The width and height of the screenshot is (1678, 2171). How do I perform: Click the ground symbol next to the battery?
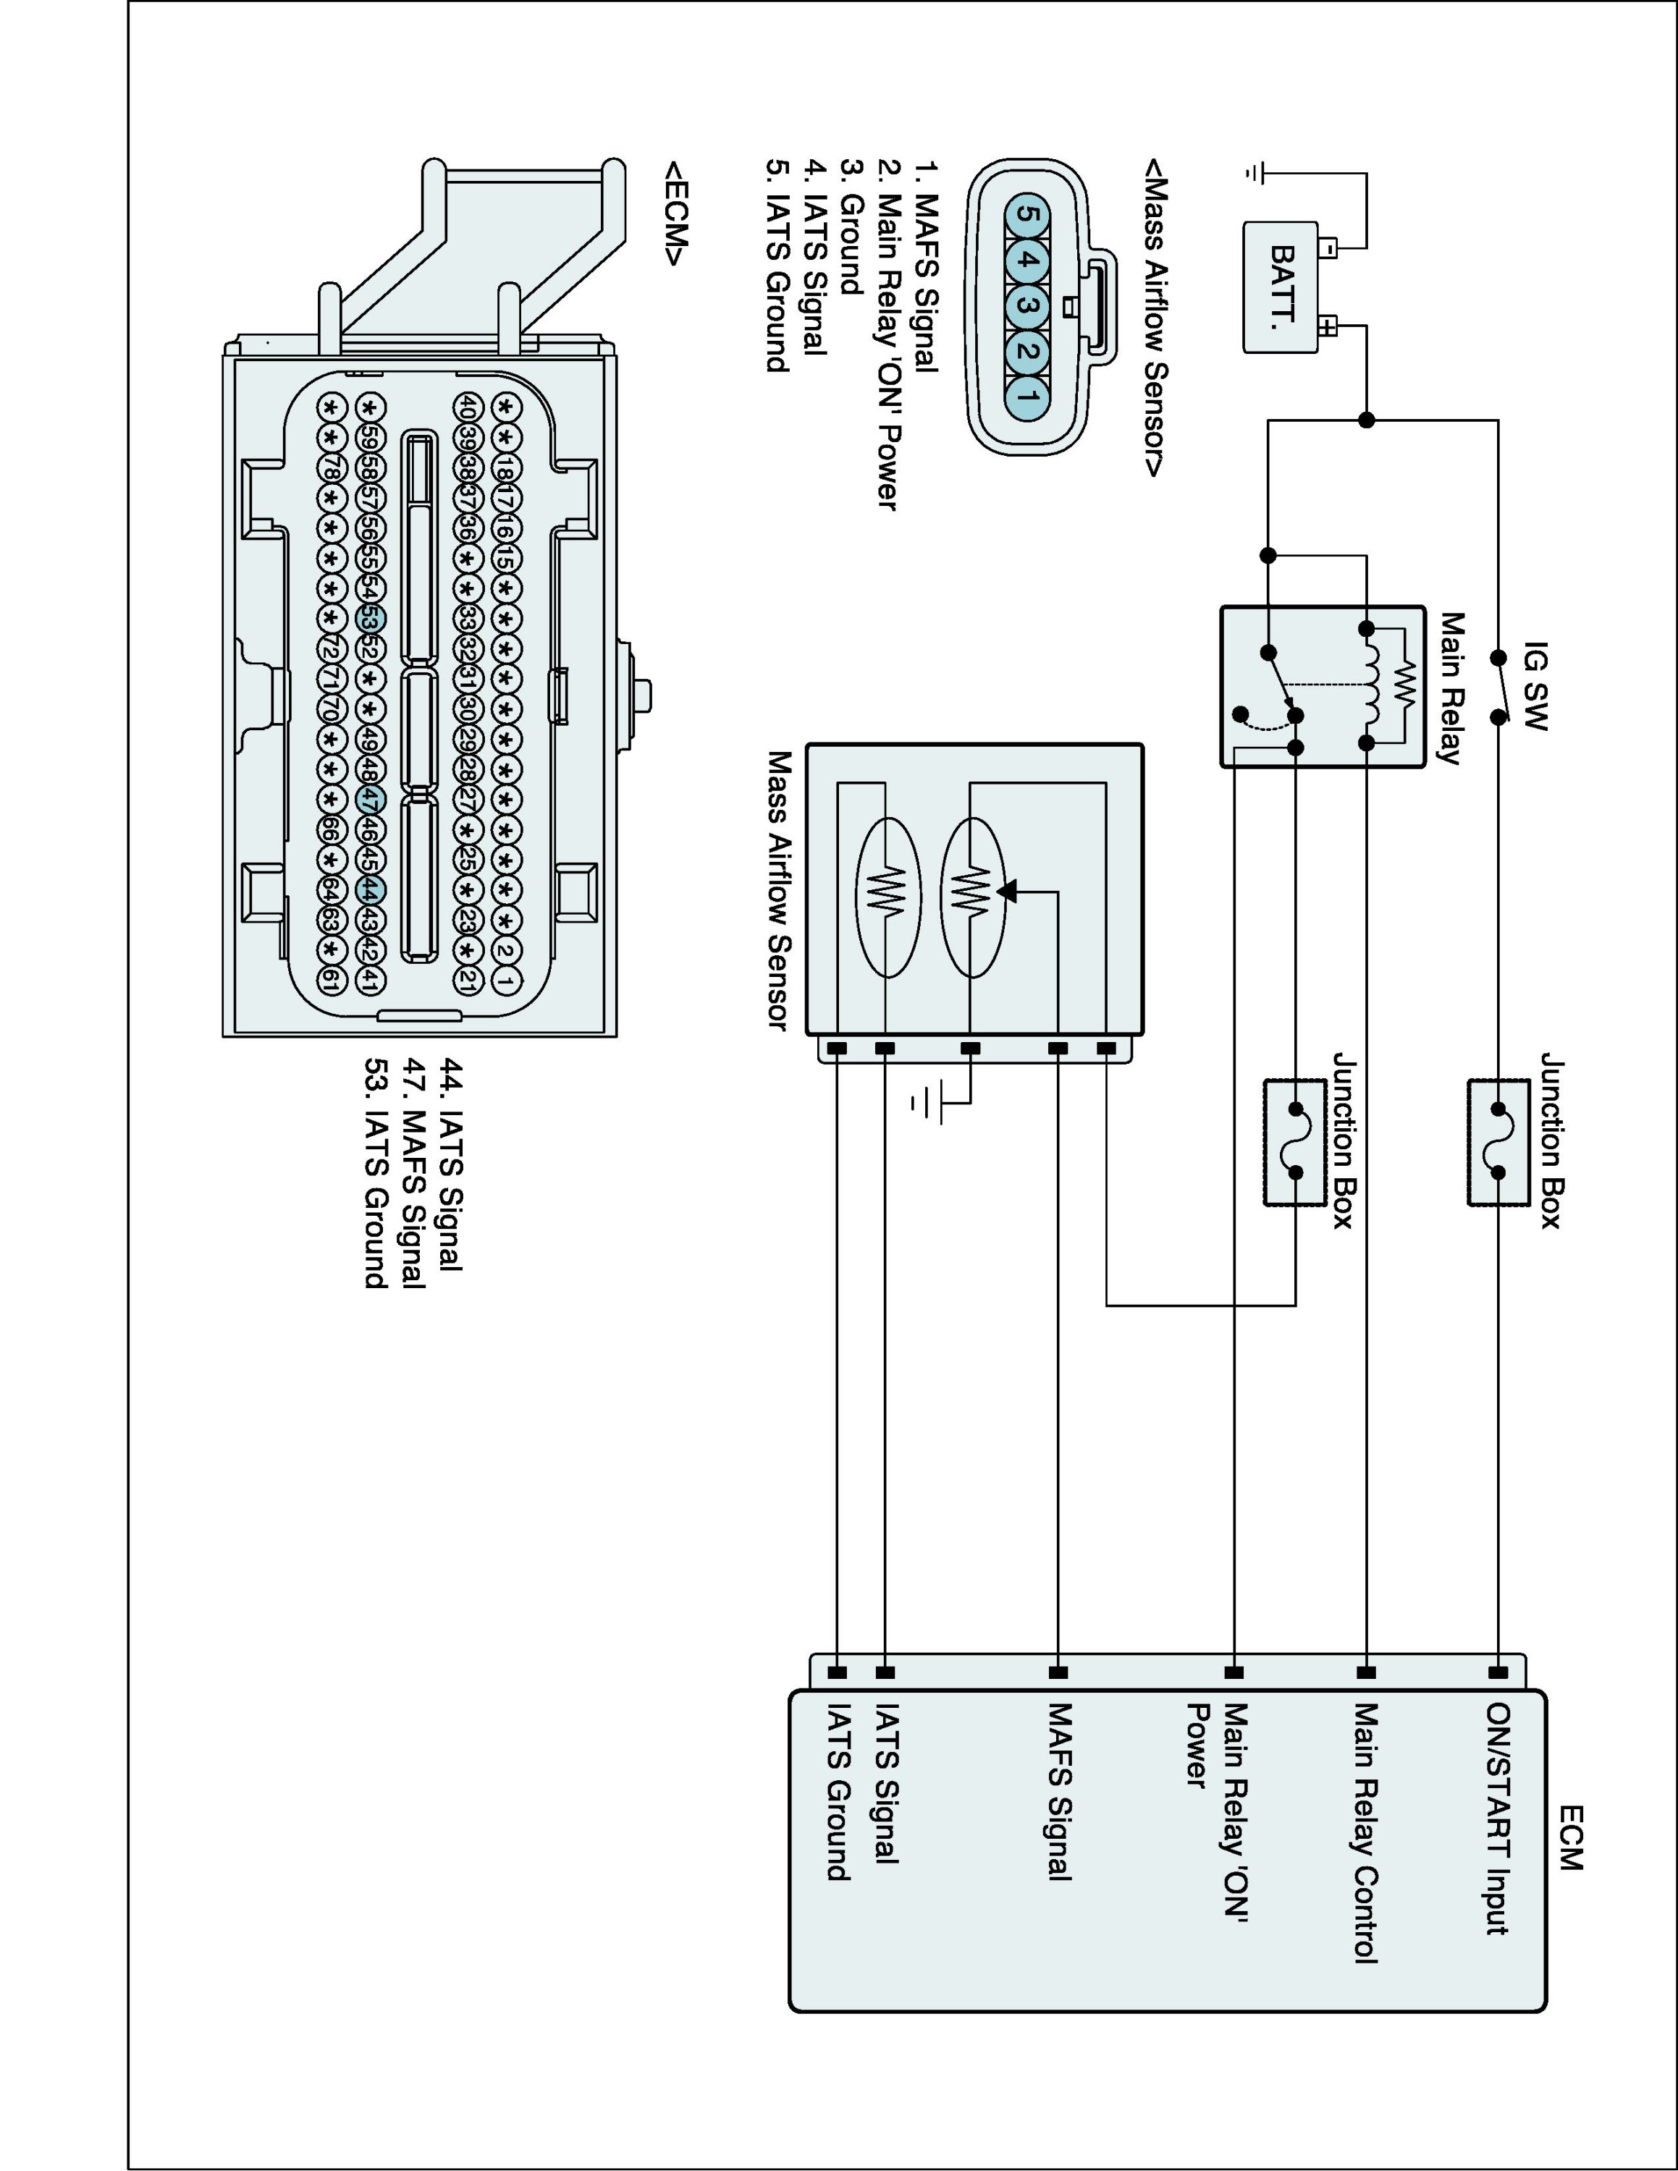point(1255,174)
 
